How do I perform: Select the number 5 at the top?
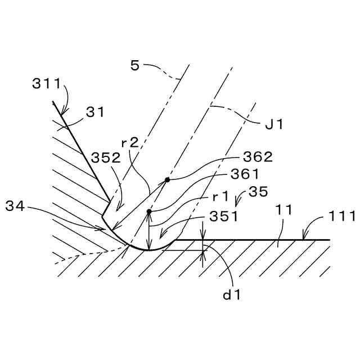pyautogui.click(x=135, y=66)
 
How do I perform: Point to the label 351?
pyautogui.click(x=223, y=216)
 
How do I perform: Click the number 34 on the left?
pyautogui.click(x=16, y=206)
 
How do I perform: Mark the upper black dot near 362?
pyautogui.click(x=167, y=180)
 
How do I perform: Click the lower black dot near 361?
pyautogui.click(x=149, y=212)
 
